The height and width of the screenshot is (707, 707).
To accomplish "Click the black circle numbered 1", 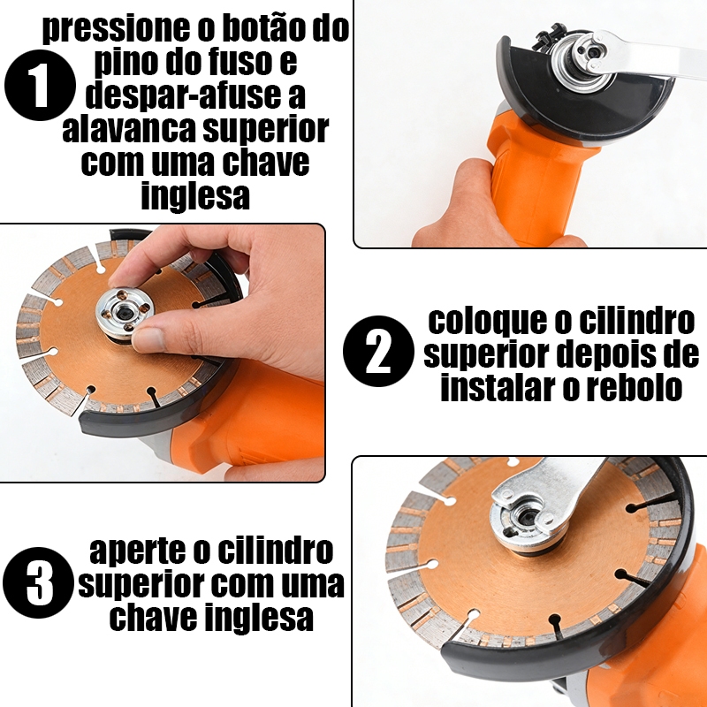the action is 40,85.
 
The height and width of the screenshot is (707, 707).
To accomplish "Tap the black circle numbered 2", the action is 378,351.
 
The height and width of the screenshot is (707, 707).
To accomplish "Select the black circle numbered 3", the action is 38,582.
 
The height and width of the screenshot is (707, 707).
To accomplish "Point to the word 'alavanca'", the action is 129,129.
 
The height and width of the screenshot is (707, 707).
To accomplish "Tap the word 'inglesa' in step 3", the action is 259,617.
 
